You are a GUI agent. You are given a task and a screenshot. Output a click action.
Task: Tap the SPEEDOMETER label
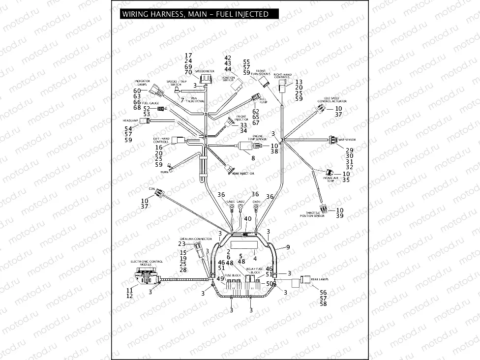(204, 71)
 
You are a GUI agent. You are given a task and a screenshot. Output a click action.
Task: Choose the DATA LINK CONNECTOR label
(199, 239)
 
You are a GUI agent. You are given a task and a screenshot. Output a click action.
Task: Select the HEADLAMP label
(130, 120)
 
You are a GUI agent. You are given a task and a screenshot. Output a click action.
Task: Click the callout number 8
(253, 158)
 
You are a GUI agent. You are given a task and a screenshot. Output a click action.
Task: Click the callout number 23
(181, 244)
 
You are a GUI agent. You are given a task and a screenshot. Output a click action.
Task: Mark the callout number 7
(182, 100)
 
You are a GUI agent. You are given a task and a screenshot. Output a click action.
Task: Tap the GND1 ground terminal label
(231, 202)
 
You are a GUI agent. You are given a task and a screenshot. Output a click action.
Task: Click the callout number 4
(255, 258)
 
